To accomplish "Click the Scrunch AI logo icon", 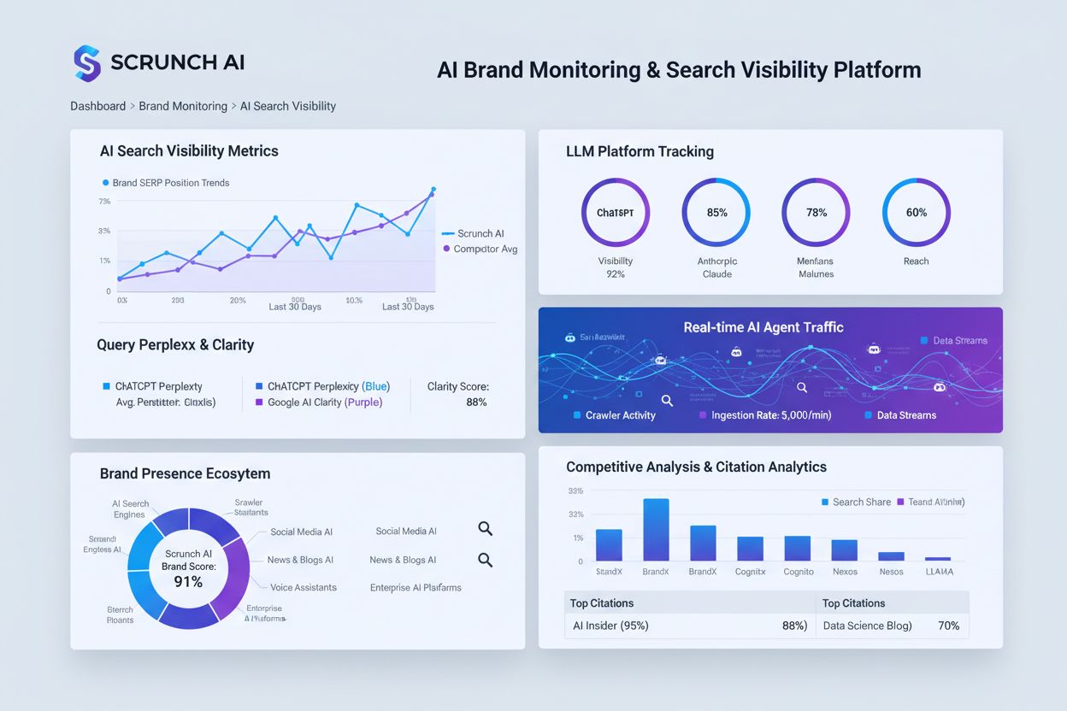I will (87, 63).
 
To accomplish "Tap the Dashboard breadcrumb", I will (98, 107).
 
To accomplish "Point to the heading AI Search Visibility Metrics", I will (189, 151).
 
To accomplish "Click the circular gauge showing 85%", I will (716, 213).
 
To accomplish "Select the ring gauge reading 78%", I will (816, 213).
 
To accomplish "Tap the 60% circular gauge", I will (916, 213).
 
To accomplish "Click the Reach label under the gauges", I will (916, 261).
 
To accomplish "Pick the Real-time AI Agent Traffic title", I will (763, 327).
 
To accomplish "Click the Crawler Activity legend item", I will (620, 415).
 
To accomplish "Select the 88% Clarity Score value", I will (476, 403).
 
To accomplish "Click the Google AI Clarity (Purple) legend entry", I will (324, 403).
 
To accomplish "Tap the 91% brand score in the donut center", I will (188, 582).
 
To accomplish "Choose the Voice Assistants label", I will (304, 588).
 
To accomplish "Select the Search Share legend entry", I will (861, 502).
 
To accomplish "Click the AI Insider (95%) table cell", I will (610, 626).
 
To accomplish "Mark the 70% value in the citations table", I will (948, 626).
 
